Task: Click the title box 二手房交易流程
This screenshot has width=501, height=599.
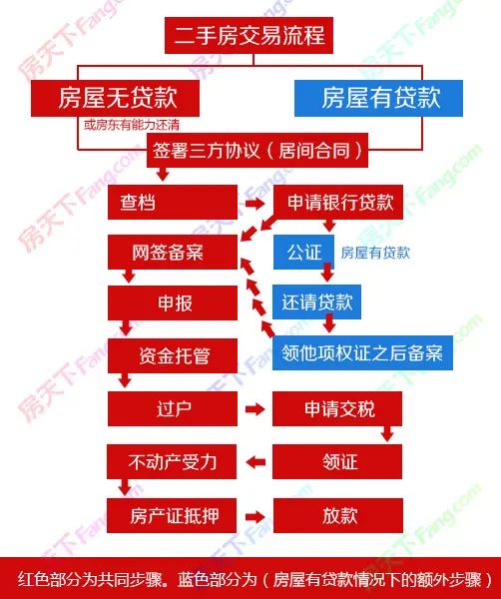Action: tap(249, 35)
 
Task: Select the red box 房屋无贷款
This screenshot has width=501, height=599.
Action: tap(116, 98)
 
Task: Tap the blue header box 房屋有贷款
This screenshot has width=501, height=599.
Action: tap(379, 98)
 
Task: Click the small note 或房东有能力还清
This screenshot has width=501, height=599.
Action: tap(132, 125)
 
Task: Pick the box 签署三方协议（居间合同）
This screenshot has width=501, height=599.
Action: tap(257, 150)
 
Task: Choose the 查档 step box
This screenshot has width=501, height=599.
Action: tap(173, 202)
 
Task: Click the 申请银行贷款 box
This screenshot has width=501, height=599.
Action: tap(338, 202)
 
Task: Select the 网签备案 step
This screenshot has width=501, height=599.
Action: tap(173, 253)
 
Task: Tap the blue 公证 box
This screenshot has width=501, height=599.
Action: tap(304, 253)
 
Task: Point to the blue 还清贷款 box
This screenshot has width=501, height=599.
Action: tap(317, 302)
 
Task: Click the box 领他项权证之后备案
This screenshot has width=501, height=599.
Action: tap(362, 353)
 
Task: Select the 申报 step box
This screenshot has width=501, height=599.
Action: tap(173, 303)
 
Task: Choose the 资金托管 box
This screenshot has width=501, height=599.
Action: tap(173, 355)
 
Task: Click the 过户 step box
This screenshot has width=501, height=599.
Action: tap(173, 408)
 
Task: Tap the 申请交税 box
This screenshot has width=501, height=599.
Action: tap(337, 408)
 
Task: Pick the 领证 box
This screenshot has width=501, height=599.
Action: tap(337, 461)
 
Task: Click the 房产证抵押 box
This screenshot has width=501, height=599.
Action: tap(172, 515)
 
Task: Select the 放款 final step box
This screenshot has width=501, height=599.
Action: tap(338, 515)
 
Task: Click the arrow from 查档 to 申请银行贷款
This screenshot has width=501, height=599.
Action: tap(255, 204)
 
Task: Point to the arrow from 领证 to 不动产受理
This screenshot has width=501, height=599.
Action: tap(255, 462)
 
